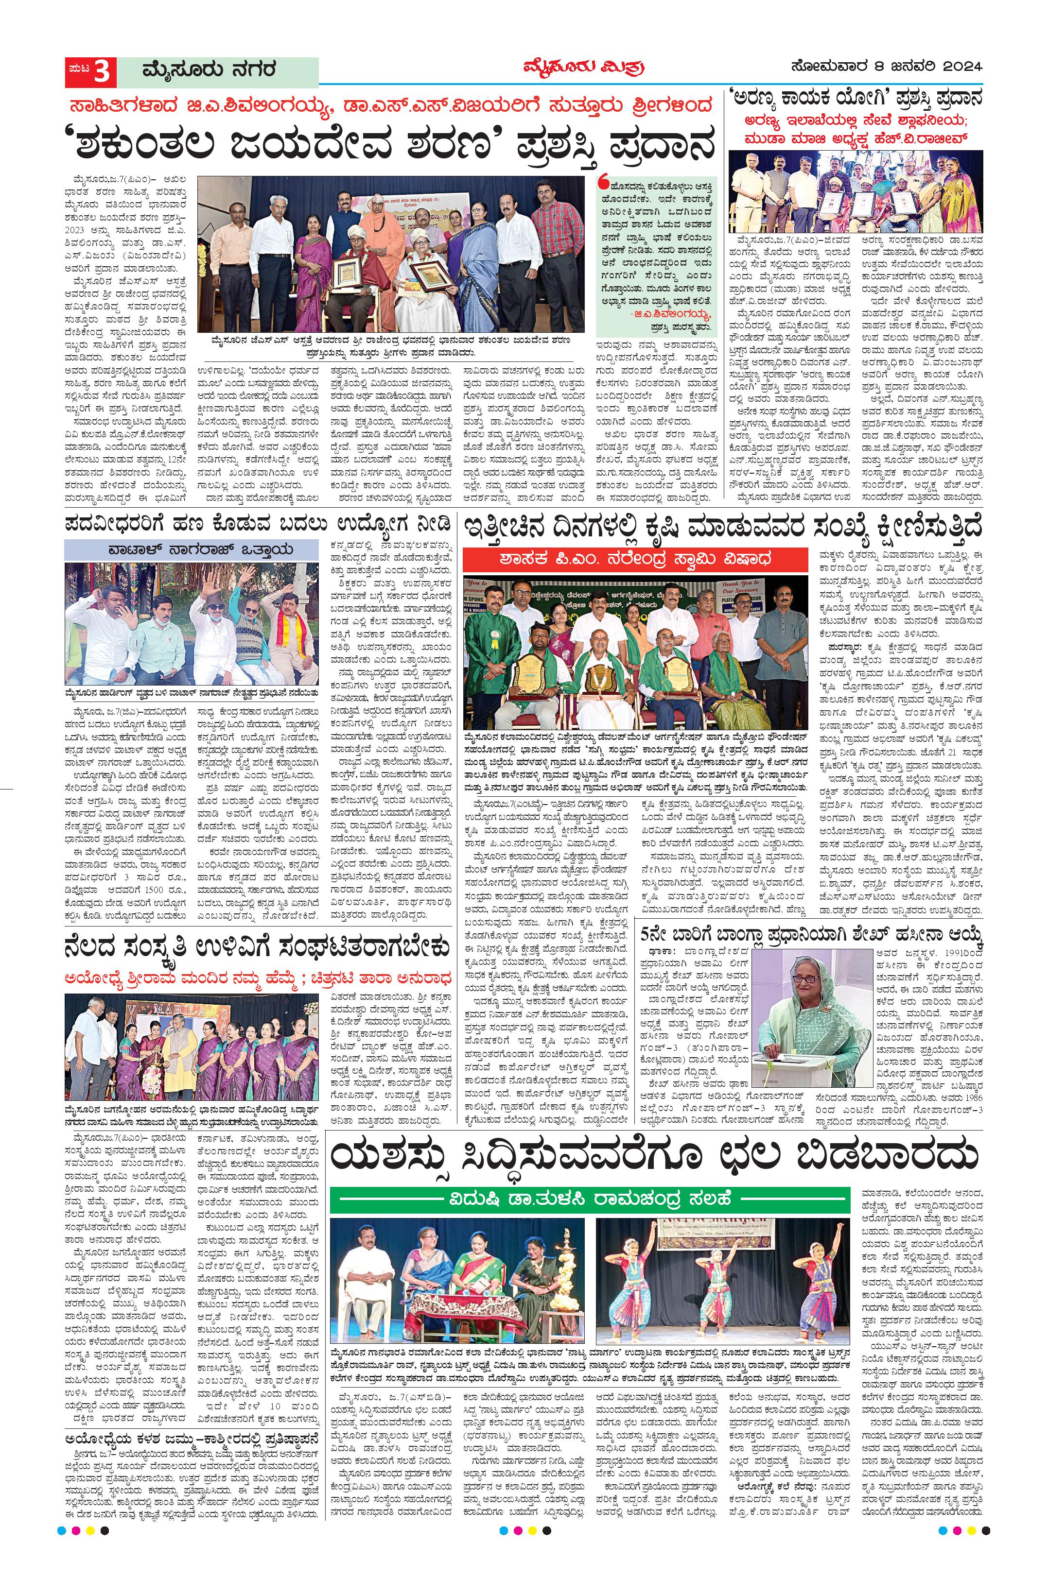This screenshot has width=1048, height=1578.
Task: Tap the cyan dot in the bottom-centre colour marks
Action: point(503,1562)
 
